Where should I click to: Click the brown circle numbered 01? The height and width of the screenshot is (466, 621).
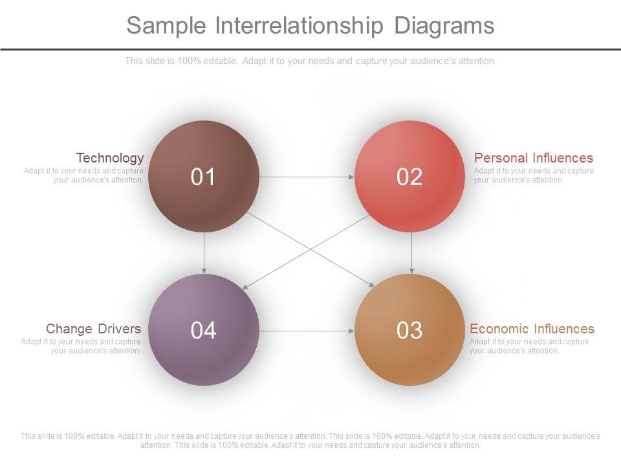point(204,176)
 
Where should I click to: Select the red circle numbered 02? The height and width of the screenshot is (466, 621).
point(409,176)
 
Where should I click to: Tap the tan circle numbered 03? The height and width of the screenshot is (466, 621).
point(409,329)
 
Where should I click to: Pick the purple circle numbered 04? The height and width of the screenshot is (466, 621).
point(204,329)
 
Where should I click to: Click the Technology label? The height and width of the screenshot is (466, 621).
point(110,158)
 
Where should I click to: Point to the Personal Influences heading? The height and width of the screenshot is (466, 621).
point(534,158)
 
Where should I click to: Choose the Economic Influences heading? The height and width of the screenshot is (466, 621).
point(532,329)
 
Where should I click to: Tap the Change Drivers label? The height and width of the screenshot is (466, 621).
point(93,329)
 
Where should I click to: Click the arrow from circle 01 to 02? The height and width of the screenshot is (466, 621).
point(307,177)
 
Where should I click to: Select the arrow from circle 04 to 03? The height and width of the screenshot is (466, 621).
point(307,331)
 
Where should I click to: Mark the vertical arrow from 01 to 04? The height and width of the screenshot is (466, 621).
point(204,253)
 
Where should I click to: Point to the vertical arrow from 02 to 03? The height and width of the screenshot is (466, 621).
point(411,253)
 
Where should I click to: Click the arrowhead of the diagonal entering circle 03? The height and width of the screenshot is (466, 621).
point(371,285)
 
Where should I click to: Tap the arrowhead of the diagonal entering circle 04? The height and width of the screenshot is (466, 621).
point(245,287)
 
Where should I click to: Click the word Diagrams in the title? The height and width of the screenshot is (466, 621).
point(444,26)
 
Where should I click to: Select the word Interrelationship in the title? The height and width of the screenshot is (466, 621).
point(300,25)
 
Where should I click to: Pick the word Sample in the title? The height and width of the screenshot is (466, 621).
point(166,26)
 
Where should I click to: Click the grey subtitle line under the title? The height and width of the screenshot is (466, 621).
point(310,61)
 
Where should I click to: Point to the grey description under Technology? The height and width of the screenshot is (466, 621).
point(83,175)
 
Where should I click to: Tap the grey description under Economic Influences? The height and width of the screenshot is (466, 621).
point(529,346)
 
